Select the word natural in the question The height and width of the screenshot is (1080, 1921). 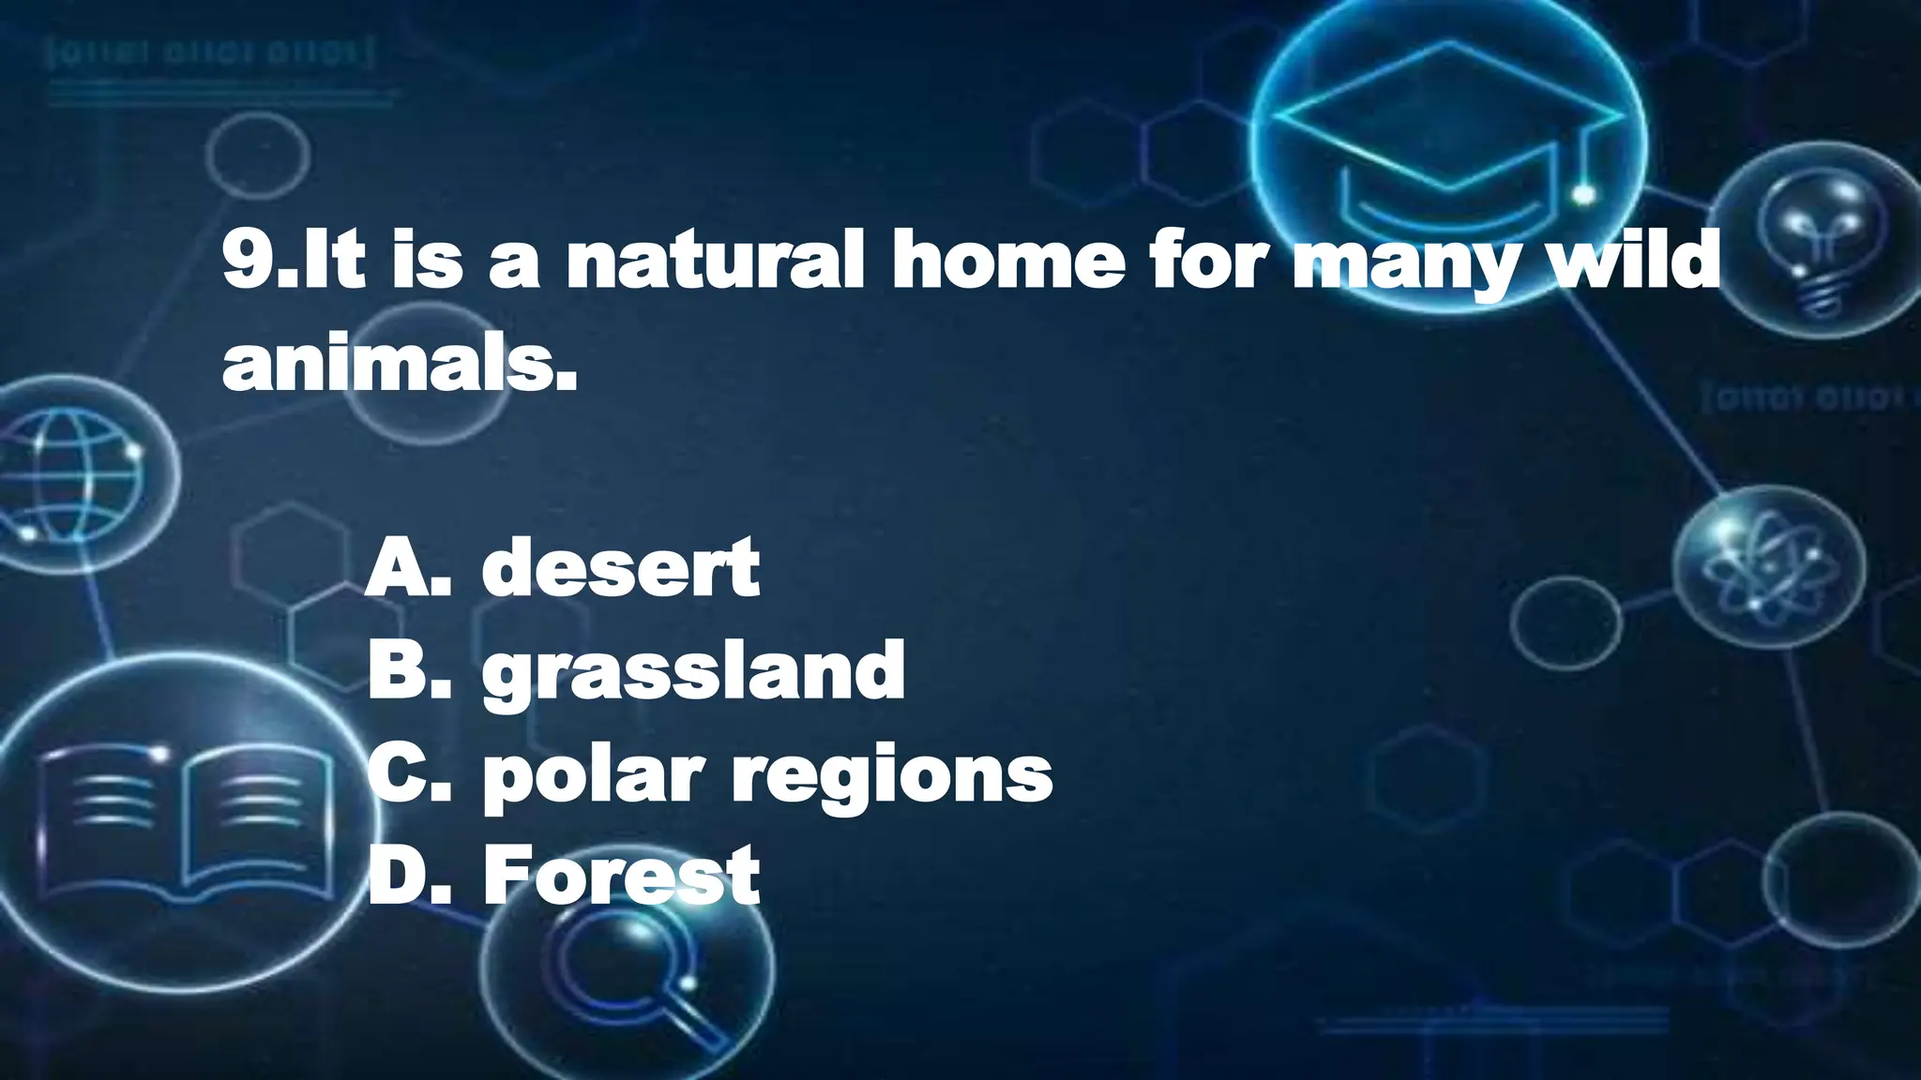point(715,261)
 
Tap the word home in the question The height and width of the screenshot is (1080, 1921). point(1008,261)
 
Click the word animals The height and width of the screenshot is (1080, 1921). point(399,366)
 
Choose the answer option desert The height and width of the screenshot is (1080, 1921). point(620,568)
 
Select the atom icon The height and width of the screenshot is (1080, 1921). point(1767,568)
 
